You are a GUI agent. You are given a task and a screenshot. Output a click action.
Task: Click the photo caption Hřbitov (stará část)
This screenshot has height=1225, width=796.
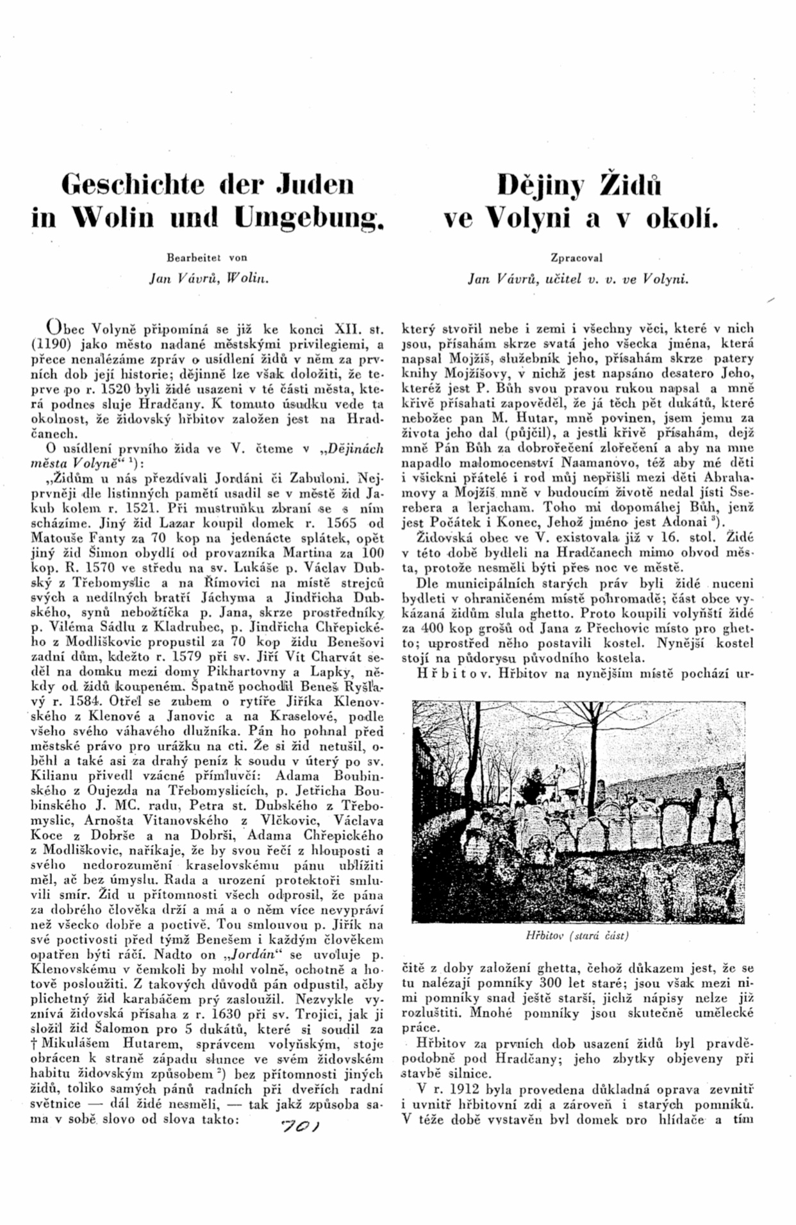tap(577, 935)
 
